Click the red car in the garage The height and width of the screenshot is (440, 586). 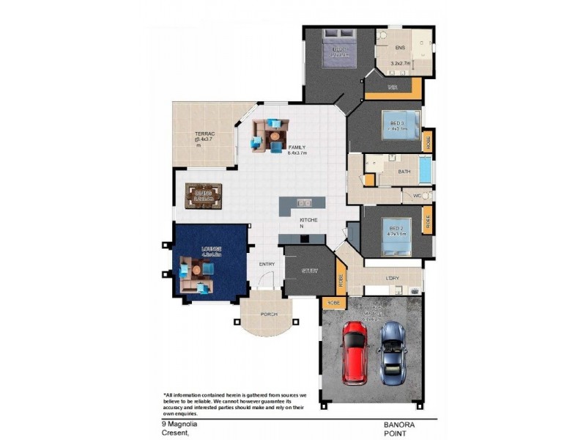(355, 354)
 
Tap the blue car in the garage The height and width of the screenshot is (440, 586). (392, 353)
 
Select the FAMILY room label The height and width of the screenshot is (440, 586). (297, 147)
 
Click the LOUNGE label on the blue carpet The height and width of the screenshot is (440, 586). (212, 249)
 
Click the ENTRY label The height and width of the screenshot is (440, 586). (266, 265)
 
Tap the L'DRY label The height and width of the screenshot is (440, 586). (392, 278)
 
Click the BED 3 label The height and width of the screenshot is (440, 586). (397, 122)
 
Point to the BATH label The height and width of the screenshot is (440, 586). (404, 172)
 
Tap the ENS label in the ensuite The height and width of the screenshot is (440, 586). (400, 48)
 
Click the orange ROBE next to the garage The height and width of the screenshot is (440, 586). (333, 301)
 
